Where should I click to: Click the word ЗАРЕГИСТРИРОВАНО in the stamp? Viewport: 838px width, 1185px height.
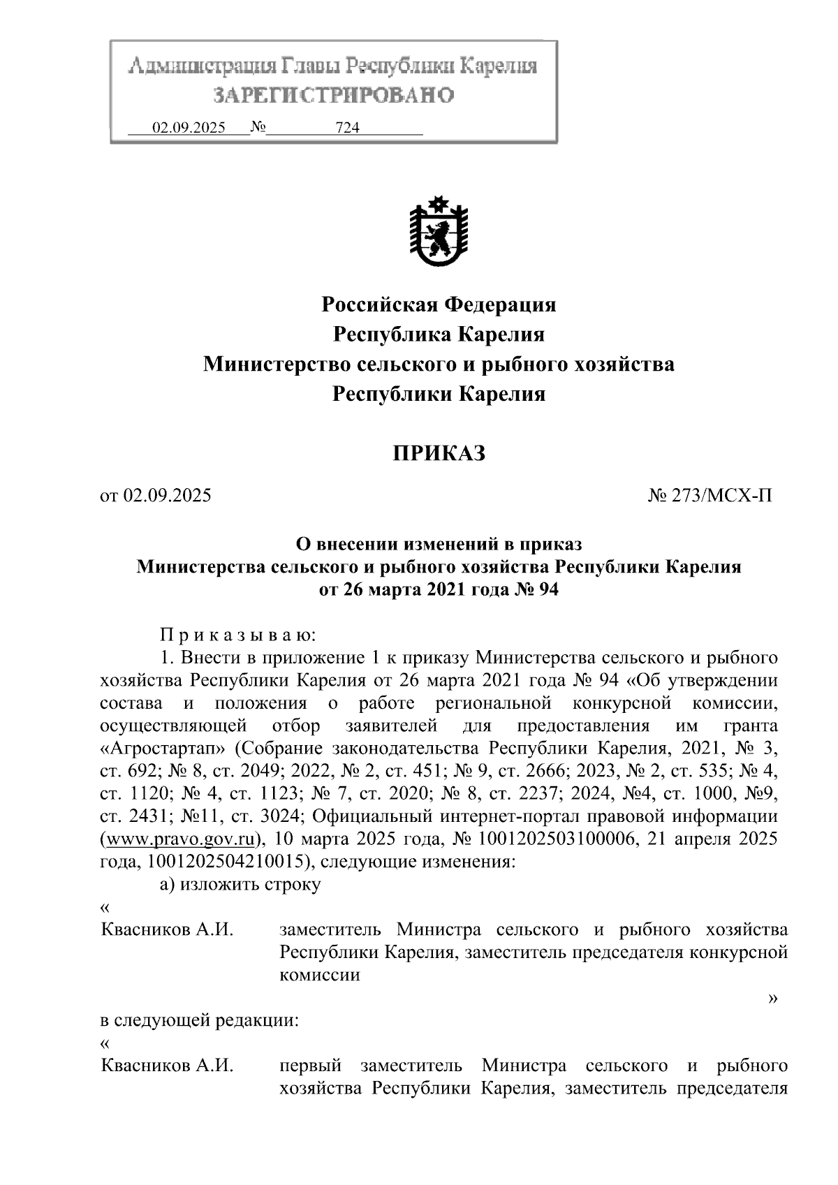(x=333, y=95)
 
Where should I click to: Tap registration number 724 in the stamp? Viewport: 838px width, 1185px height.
(x=347, y=128)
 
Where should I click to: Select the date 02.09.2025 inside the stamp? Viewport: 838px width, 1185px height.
(x=189, y=128)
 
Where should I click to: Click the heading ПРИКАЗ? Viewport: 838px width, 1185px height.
(x=438, y=454)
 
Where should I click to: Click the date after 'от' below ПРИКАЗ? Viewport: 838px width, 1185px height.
(x=167, y=496)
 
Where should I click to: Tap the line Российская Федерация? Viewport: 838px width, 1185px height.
(x=438, y=304)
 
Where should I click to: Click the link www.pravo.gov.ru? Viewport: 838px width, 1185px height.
(x=180, y=838)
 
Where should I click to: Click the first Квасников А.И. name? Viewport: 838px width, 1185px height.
(x=167, y=930)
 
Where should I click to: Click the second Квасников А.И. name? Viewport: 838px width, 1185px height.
(x=167, y=1066)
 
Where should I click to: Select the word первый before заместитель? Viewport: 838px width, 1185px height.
(x=310, y=1066)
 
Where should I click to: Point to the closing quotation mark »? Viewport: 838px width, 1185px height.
(x=772, y=999)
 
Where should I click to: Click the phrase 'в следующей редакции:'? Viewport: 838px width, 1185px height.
(x=199, y=1021)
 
